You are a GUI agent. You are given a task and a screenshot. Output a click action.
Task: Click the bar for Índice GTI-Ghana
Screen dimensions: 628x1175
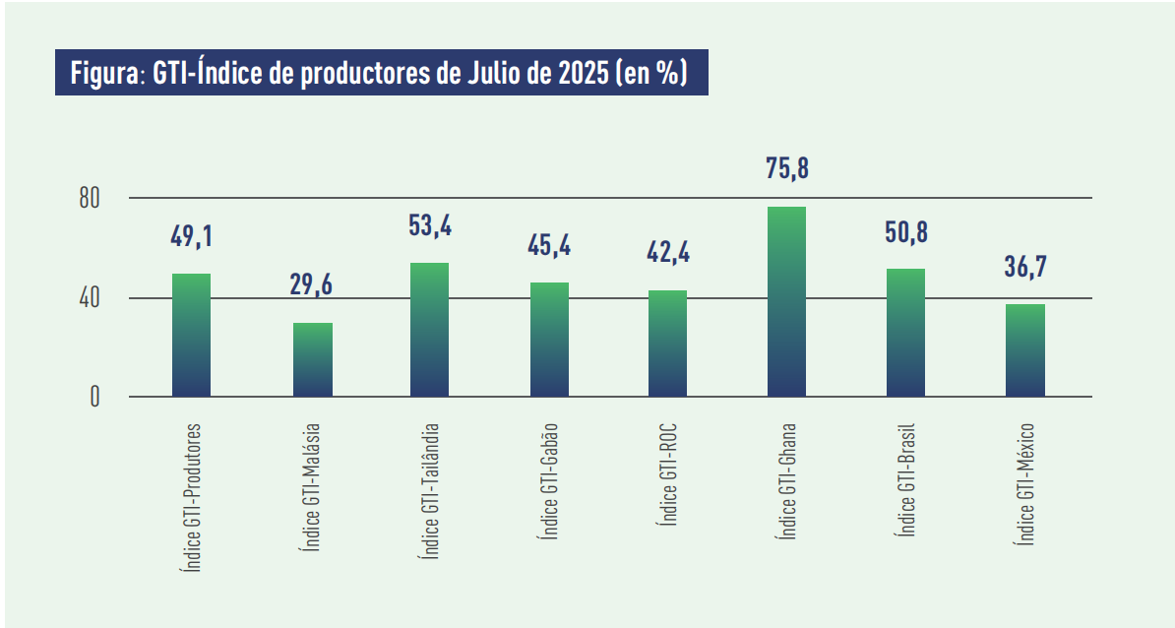click(786, 302)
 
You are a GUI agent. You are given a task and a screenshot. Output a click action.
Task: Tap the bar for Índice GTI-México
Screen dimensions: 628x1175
click(1025, 350)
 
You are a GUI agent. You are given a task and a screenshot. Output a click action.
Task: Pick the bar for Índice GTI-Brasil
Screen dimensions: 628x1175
click(905, 333)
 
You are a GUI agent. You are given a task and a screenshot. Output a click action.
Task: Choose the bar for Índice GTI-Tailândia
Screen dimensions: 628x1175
click(429, 330)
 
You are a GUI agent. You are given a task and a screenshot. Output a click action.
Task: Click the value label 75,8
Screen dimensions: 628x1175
click(786, 168)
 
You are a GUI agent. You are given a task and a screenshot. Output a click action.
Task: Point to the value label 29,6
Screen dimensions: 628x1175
click(311, 284)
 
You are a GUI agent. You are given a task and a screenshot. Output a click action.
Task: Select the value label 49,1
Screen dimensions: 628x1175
click(191, 236)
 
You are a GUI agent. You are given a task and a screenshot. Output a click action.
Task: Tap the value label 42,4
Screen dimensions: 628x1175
click(667, 252)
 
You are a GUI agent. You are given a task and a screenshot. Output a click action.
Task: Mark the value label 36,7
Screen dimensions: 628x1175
click(1025, 267)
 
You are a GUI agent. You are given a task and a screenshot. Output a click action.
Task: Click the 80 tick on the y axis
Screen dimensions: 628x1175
click(91, 199)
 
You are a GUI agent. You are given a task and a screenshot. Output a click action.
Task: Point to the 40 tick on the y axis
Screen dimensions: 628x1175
click(91, 298)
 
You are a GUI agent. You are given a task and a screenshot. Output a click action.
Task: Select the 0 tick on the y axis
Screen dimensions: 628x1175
click(95, 398)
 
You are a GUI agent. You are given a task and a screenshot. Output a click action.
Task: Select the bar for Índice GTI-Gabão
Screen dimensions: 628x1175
click(549, 340)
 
